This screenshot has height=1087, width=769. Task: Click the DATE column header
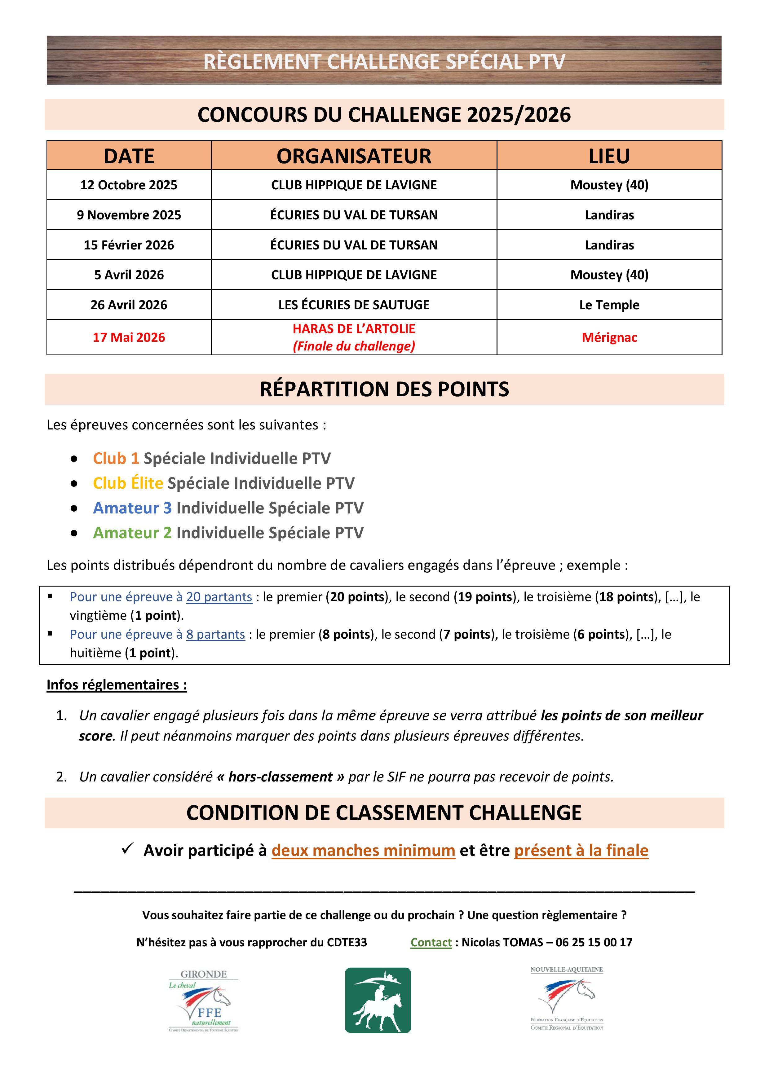129,156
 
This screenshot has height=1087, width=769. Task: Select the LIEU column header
609,156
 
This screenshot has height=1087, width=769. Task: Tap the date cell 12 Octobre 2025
129,185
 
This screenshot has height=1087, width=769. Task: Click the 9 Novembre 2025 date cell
129,215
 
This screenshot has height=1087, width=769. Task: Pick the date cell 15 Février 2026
129,245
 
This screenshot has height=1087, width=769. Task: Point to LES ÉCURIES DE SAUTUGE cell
354,305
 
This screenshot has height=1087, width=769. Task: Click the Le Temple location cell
609,305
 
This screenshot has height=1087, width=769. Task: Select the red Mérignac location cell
609,337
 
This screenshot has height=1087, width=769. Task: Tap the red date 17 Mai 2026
129,337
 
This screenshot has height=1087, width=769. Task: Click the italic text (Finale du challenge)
354,346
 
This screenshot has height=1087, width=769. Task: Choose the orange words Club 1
116,458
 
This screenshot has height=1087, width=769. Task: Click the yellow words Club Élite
128,483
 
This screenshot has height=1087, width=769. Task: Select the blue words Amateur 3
132,508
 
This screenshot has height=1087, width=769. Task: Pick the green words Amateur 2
132,533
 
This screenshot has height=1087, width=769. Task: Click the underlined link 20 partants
219,597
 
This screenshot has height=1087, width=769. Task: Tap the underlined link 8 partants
215,634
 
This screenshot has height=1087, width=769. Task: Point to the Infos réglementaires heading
117,685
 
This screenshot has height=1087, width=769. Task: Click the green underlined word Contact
431,943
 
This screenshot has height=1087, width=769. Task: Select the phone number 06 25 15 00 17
594,943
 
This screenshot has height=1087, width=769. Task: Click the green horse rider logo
378,1000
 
